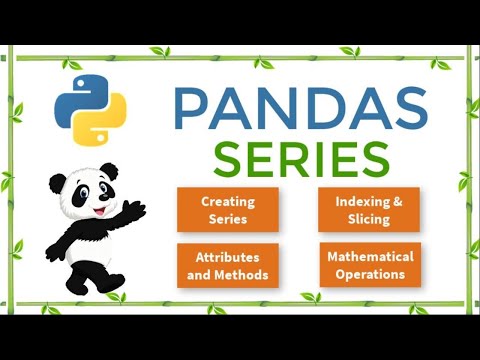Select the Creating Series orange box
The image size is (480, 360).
(228, 210)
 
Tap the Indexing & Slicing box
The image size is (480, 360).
(370, 210)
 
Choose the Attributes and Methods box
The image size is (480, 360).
(228, 266)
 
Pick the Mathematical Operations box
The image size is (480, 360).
(370, 265)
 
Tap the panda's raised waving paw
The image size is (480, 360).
(134, 209)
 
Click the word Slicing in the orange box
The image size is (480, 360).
(370, 219)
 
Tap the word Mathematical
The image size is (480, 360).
(370, 256)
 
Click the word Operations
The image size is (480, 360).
(370, 274)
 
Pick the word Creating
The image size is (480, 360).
(228, 201)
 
